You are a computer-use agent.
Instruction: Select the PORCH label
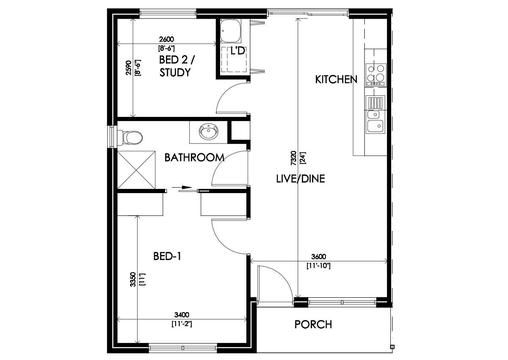click(x=313, y=325)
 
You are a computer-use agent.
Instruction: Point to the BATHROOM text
click(x=194, y=158)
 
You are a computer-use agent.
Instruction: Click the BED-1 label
click(x=167, y=256)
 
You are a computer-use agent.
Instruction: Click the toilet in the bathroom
click(x=132, y=137)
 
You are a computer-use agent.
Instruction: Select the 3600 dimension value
click(x=318, y=257)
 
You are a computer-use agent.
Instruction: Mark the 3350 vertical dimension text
click(x=133, y=280)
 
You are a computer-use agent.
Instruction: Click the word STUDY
click(x=174, y=72)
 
